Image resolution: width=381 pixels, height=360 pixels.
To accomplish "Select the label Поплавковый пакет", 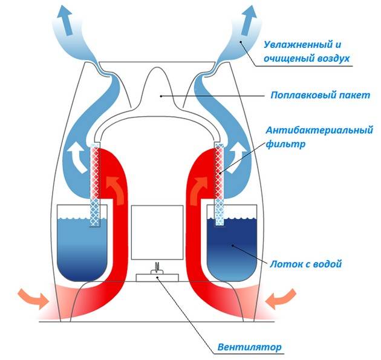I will point(312,96).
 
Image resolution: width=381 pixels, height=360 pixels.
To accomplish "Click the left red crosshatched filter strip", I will point(94,175).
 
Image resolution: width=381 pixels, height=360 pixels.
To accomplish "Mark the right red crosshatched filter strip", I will point(218,175).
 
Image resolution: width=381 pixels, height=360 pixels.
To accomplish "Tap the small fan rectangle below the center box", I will point(157,277).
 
